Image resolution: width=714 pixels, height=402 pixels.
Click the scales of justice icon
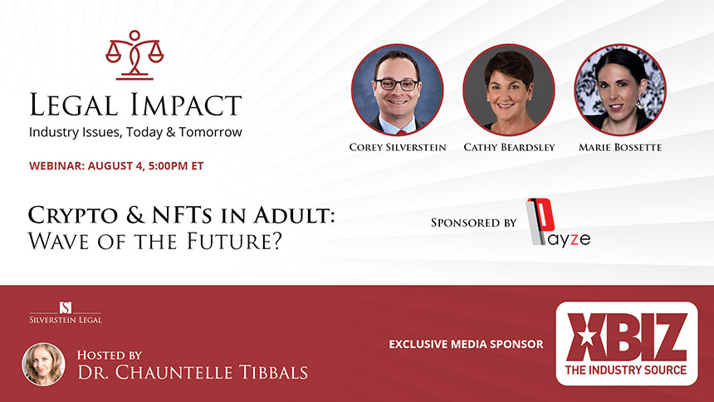(x=134, y=56)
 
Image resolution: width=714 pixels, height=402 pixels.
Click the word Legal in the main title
(x=74, y=105)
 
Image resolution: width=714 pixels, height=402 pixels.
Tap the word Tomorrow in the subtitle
(x=210, y=132)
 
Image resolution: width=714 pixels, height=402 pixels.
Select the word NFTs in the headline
(x=182, y=215)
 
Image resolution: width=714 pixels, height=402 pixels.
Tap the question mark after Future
(x=276, y=241)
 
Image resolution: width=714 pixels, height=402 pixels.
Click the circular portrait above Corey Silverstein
(x=397, y=90)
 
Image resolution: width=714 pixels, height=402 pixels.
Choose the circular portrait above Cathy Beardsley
(x=509, y=90)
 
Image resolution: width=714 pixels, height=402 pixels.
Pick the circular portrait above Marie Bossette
(x=619, y=90)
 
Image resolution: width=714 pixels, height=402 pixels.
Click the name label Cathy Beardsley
(x=509, y=147)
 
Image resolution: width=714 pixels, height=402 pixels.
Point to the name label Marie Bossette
(x=619, y=147)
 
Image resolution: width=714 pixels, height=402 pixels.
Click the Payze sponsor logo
(x=558, y=223)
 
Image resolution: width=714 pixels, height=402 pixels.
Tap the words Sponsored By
(x=473, y=223)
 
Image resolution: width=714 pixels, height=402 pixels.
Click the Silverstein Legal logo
(x=66, y=312)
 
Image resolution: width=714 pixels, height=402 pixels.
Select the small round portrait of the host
(x=44, y=364)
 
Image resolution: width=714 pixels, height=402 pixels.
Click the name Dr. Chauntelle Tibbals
(x=193, y=372)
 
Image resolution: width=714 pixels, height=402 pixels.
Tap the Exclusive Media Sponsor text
(x=466, y=344)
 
